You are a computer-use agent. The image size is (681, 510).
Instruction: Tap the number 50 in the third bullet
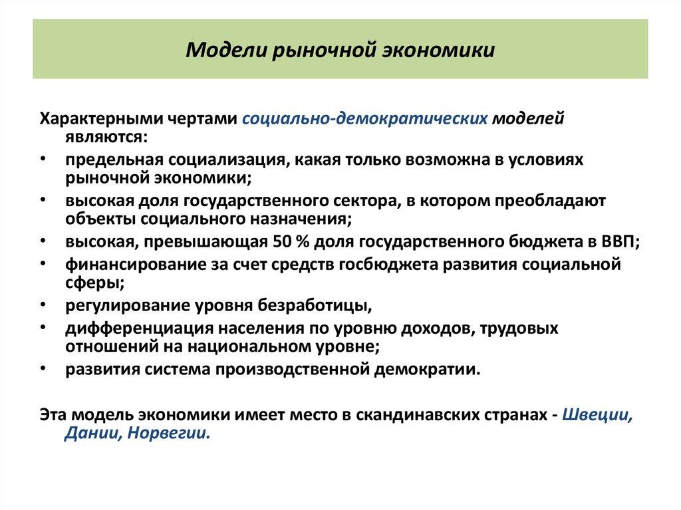(x=281, y=242)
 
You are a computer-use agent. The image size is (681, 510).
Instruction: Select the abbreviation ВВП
(x=619, y=242)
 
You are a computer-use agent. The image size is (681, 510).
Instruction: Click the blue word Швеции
(x=597, y=412)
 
